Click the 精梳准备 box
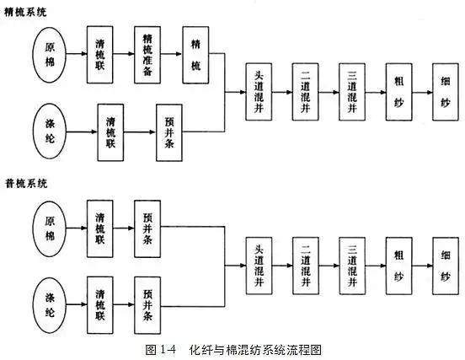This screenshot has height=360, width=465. coord(147,55)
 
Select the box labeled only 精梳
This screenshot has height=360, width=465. coord(195,55)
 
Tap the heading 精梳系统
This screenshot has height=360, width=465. coord(26,12)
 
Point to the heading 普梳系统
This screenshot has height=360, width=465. coord(26,184)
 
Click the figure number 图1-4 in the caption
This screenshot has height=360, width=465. coord(160,350)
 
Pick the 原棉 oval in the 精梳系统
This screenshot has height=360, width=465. coord(49,55)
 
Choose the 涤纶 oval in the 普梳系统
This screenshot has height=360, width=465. coord(49,305)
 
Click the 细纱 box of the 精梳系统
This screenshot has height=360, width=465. coord(446,92)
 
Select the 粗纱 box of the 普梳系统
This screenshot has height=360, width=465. coord(398,266)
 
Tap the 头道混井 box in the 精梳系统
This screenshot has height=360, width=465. coord(259,92)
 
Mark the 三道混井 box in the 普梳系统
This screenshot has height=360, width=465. coord(352,266)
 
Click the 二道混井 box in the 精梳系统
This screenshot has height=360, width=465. coord(306,92)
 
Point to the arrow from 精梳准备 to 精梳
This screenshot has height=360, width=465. coord(171,54)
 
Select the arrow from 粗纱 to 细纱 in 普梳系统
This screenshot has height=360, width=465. coord(422,266)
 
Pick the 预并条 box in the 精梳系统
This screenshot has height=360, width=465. coord(169,132)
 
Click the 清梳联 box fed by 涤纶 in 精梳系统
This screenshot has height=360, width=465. coord(110,132)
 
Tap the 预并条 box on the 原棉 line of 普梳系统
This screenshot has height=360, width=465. coord(147,228)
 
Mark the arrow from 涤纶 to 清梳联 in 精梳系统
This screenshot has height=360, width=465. coord(82,132)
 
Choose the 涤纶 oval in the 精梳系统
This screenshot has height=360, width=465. coord(49,131)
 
